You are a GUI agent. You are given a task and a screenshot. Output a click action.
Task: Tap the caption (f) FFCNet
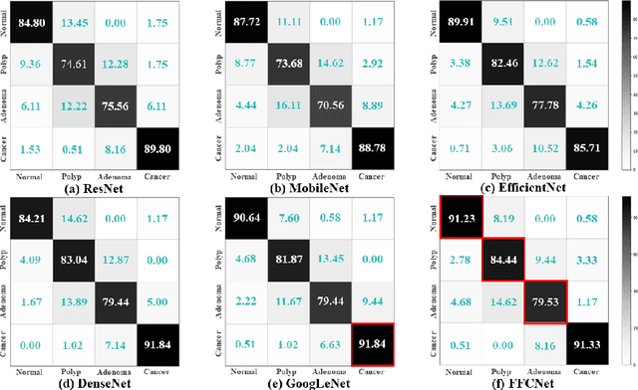coord(522,381)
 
